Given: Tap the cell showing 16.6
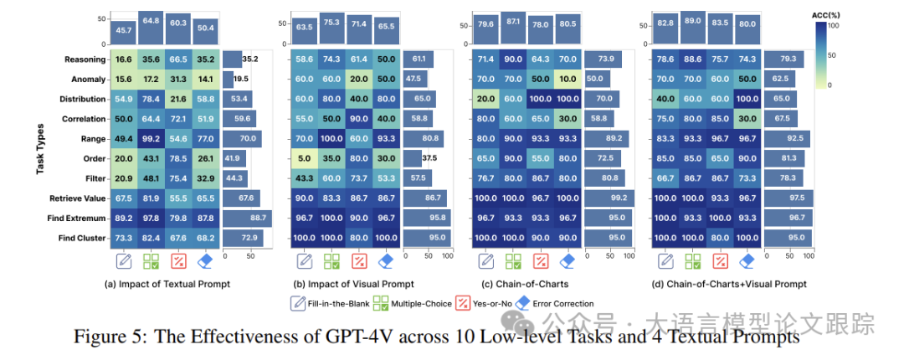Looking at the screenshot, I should [124, 59].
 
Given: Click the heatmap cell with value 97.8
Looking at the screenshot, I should [152, 218].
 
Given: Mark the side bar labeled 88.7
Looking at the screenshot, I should [248, 218].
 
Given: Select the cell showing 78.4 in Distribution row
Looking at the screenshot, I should [152, 99].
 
